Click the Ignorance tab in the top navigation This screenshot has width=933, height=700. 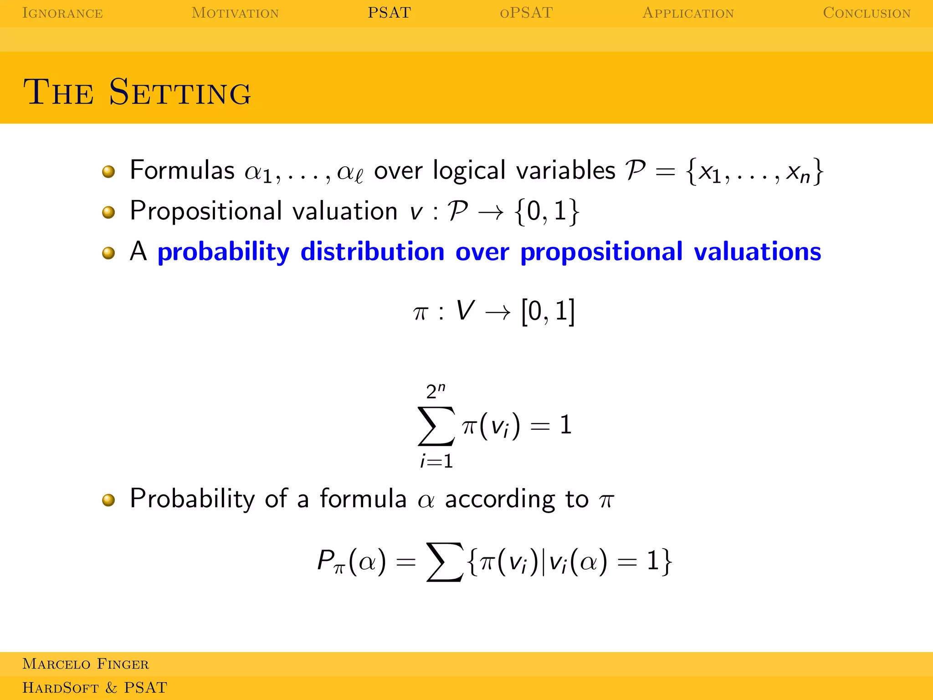click(x=62, y=13)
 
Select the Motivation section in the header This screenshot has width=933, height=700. click(x=235, y=13)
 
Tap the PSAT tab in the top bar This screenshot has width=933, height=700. click(x=389, y=13)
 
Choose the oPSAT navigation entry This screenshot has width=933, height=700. click(x=526, y=13)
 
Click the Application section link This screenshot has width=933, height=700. click(x=688, y=13)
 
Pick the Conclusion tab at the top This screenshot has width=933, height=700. click(x=866, y=13)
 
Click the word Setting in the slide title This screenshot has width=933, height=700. click(x=180, y=92)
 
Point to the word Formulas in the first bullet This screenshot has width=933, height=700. click(x=182, y=170)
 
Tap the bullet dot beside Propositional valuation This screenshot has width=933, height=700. click(x=108, y=212)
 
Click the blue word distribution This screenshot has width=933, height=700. click(x=372, y=252)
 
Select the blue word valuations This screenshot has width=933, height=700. click(x=757, y=252)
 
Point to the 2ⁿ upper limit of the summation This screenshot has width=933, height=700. click(x=436, y=391)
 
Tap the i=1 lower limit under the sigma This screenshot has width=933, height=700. click(x=436, y=462)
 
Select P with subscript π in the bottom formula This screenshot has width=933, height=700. click(x=331, y=561)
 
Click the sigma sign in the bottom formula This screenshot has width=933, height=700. click(x=444, y=561)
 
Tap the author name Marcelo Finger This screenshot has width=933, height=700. click(x=86, y=664)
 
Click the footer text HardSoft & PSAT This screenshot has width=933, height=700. click(x=95, y=688)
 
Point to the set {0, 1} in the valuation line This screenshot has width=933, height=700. click(x=547, y=212)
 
